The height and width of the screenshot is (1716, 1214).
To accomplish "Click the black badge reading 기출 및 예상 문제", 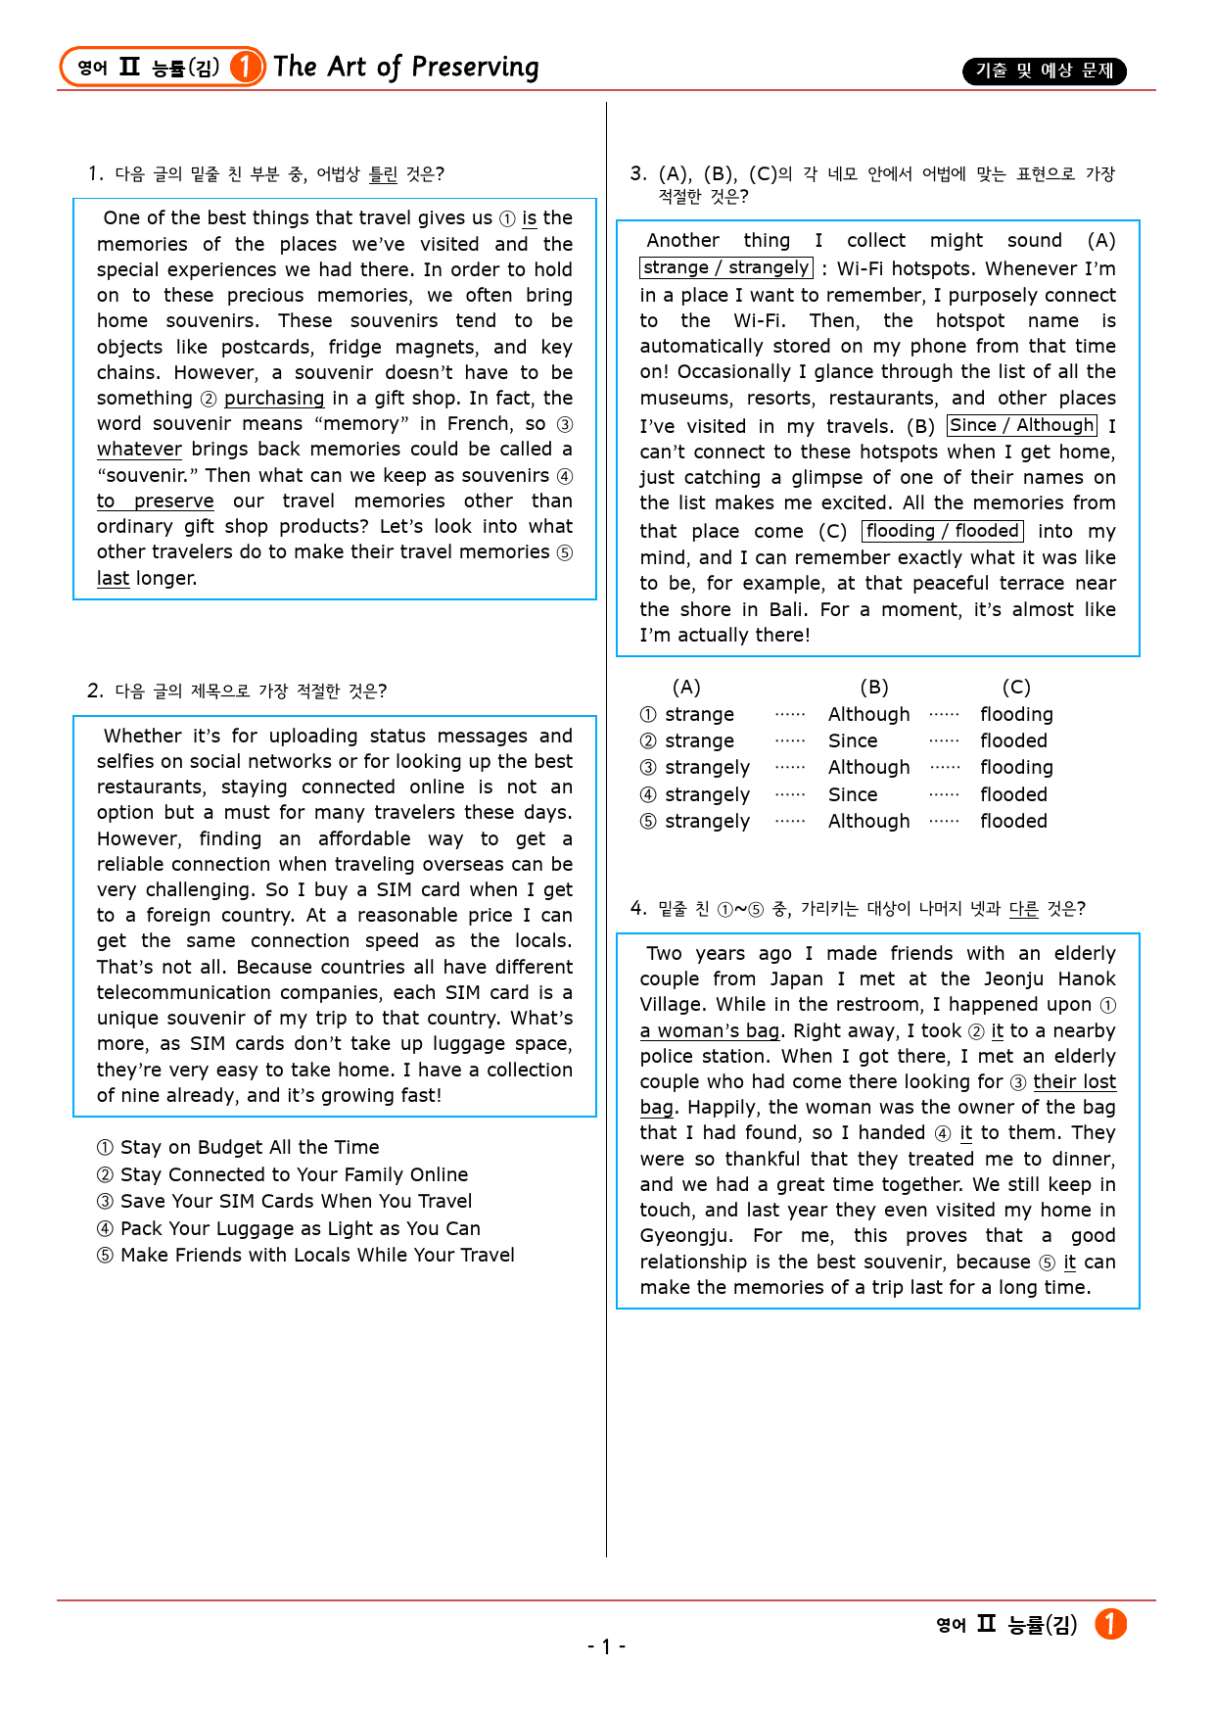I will pyautogui.click(x=1044, y=71).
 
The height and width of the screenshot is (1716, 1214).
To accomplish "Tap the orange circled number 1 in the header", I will pyautogui.click(x=247, y=67).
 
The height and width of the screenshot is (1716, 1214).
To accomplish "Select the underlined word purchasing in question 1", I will pyautogui.click(x=274, y=399).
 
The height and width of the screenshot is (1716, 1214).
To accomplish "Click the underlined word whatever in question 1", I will pyautogui.click(x=139, y=450).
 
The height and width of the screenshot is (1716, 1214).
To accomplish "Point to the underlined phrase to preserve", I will pyautogui.click(x=155, y=501).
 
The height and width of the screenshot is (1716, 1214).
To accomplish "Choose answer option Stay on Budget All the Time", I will pyautogui.click(x=249, y=1148).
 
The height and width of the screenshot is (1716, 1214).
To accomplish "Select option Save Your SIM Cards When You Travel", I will pyautogui.click(x=296, y=1202).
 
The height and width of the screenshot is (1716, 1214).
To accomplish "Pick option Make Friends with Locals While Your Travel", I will pyautogui.click(x=317, y=1256).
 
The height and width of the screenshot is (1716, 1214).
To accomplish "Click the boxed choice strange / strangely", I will pyautogui.click(x=726, y=268).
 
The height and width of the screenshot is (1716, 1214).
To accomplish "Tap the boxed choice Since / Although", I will pyautogui.click(x=1021, y=425).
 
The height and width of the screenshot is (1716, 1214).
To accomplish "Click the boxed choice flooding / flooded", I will pyautogui.click(x=942, y=531).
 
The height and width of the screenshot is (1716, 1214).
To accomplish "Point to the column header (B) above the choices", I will pyautogui.click(x=873, y=688).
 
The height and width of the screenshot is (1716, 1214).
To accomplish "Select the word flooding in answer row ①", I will pyautogui.click(x=1016, y=715).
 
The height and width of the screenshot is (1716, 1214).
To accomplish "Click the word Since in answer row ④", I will pyautogui.click(x=853, y=795).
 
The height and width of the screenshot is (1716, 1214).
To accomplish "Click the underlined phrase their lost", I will pyautogui.click(x=1074, y=1082).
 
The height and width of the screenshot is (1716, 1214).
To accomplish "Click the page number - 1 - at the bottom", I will pyautogui.click(x=606, y=1646).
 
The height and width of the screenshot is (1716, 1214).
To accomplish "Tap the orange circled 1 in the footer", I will pyautogui.click(x=1110, y=1624).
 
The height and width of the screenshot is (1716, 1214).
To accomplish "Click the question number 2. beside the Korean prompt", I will pyautogui.click(x=95, y=691).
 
